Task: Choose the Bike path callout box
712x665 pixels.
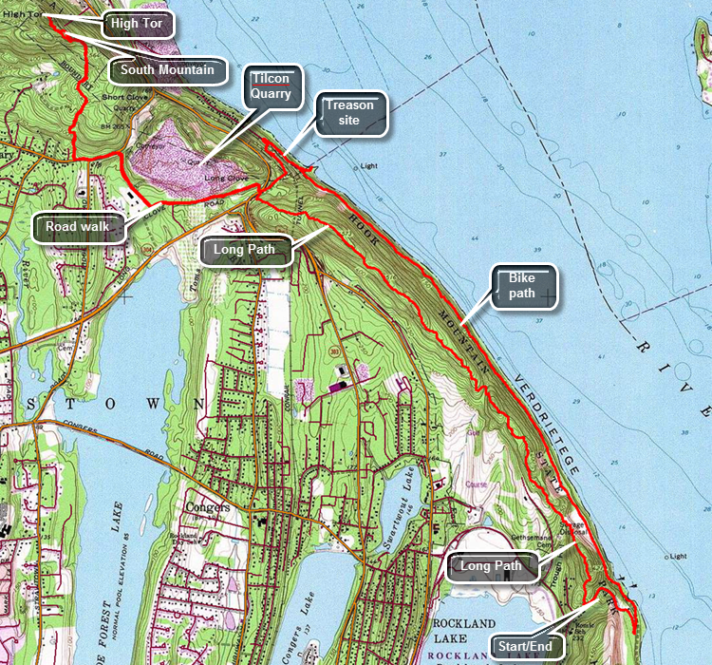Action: click(x=521, y=286)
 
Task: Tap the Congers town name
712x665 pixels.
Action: click(x=209, y=507)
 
